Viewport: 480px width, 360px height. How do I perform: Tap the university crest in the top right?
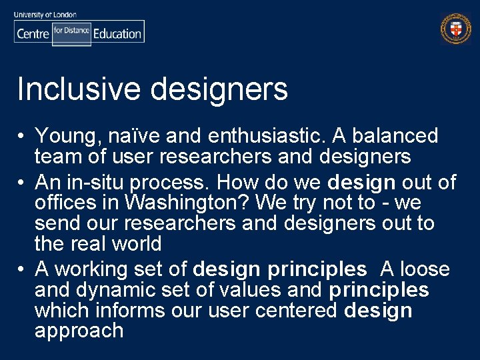click(455, 29)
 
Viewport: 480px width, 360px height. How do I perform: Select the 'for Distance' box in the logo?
click(71, 31)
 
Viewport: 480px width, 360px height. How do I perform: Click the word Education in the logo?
click(117, 33)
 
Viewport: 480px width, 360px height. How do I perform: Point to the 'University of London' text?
click(45, 14)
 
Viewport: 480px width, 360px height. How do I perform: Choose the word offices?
click(69, 203)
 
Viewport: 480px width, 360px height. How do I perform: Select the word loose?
click(424, 269)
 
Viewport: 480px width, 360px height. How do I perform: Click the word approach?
click(79, 331)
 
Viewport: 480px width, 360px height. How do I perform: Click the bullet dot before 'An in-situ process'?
click(22, 183)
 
